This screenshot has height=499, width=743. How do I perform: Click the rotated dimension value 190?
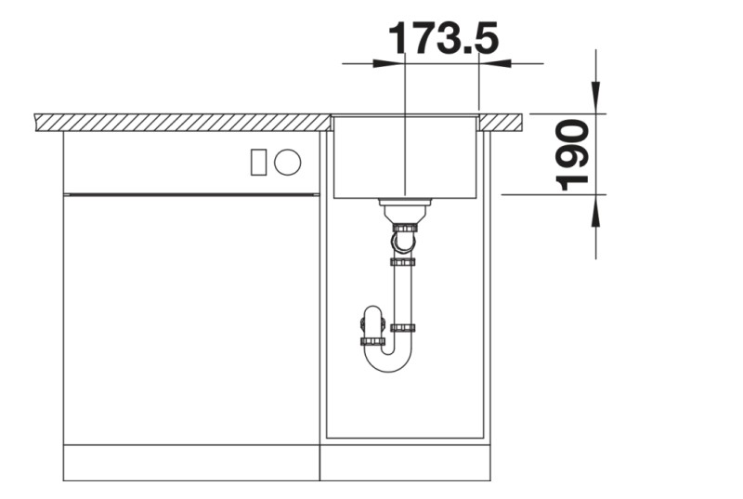(575, 154)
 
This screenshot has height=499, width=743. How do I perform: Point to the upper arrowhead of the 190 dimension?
(596, 98)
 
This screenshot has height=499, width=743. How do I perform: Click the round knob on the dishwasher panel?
(288, 162)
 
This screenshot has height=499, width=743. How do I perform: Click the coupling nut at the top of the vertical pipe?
(402, 262)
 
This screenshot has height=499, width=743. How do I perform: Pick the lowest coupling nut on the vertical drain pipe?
(402, 327)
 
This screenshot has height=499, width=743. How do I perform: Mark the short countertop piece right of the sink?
(502, 121)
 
